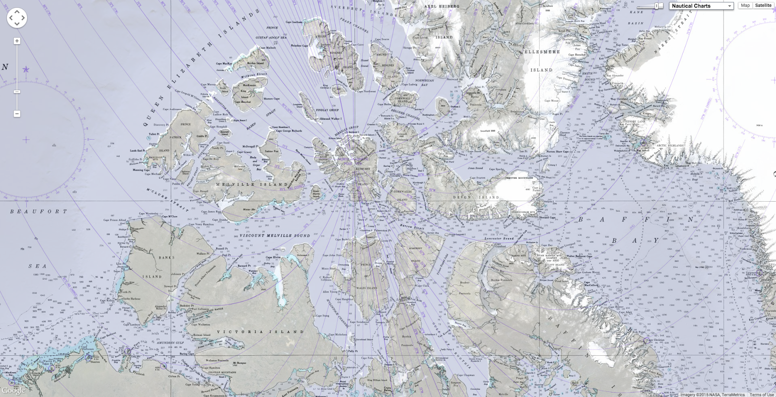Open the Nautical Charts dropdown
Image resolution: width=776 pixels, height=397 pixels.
(x=701, y=6)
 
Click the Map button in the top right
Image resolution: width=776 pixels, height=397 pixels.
(x=745, y=5)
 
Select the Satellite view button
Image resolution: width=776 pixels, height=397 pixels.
(x=763, y=5)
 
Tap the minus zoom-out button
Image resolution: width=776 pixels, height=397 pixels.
(x=17, y=114)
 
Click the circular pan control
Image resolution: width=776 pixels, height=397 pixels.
(x=17, y=18)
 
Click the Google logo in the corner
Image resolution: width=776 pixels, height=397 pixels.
(x=13, y=391)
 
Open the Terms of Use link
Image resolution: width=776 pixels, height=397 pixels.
(x=761, y=395)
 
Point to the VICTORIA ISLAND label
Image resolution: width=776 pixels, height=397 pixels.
(x=260, y=332)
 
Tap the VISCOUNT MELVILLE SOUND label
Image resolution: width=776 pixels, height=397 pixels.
(x=275, y=236)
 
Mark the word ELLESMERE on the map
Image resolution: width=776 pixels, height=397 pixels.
(x=542, y=52)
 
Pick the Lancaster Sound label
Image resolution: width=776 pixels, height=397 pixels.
(x=499, y=238)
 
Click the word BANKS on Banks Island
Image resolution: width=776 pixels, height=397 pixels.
(x=166, y=257)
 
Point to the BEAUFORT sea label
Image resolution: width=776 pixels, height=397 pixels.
(x=38, y=211)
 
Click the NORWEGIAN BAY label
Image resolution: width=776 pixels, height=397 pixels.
(x=424, y=82)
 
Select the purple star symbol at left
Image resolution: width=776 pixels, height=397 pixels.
(x=26, y=69)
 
